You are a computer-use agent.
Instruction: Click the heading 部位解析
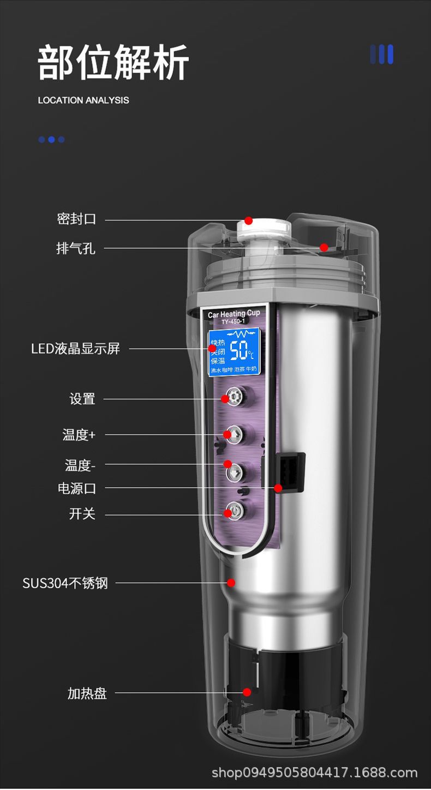click(x=113, y=62)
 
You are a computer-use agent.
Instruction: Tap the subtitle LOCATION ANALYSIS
click(x=83, y=100)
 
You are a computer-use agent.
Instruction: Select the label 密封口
click(x=76, y=219)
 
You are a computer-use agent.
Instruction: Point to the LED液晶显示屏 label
click(x=75, y=349)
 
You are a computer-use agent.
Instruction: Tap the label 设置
click(x=82, y=399)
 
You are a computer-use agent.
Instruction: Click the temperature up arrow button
click(x=234, y=434)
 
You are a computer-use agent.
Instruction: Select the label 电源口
click(x=77, y=488)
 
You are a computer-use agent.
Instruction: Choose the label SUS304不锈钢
click(x=65, y=583)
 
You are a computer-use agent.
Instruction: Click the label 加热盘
click(x=87, y=693)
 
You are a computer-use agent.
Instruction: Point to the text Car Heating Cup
click(x=234, y=314)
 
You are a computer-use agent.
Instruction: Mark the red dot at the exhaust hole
click(x=324, y=248)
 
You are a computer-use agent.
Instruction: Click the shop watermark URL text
click(x=314, y=773)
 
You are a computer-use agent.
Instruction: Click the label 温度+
click(x=79, y=435)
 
